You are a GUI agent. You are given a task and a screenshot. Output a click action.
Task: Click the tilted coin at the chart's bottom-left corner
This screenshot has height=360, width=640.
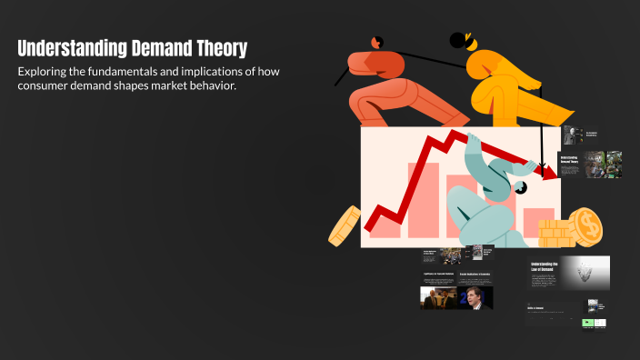coord(345,225)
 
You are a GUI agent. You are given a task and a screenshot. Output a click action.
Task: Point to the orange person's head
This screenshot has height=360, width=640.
coord(376,42)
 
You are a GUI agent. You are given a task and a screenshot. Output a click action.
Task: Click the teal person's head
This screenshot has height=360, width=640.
coord(520,187)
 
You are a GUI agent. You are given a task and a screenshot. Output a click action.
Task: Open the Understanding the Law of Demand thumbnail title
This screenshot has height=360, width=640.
coord(545,266)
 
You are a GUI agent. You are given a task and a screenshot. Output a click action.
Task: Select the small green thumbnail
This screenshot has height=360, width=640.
coord(588,323)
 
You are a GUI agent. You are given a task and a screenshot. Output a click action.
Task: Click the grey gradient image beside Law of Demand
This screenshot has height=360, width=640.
coord(585,272)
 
